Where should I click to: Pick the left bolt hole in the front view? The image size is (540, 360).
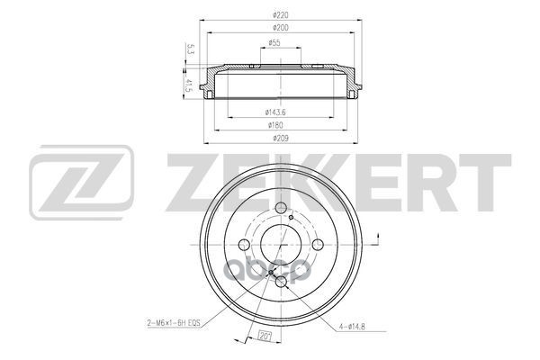click(x=244, y=245)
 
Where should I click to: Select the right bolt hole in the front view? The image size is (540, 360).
click(x=321, y=245)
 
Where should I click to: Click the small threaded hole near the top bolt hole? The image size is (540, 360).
click(x=294, y=216)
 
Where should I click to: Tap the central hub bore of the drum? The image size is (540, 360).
click(x=283, y=245)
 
